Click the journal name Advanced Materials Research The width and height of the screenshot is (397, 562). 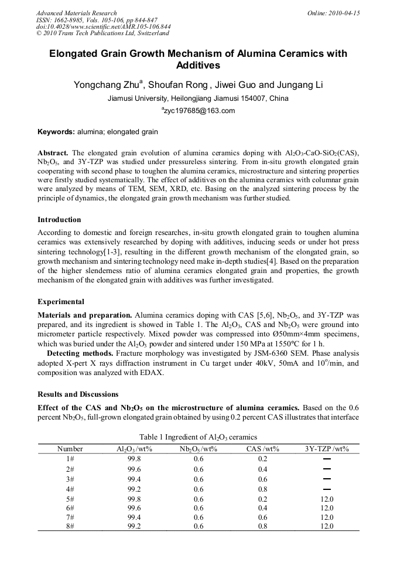76,13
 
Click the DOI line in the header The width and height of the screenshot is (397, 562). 103,26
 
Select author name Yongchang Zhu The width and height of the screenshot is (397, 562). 108,85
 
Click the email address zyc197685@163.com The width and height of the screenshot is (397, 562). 198,111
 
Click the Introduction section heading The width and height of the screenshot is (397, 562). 59,220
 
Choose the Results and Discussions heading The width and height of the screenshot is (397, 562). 78,394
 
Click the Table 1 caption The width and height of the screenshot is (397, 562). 198,437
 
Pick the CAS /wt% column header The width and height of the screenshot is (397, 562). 263,449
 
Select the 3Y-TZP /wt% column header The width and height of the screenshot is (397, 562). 327,449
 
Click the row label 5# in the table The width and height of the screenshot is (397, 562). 70,498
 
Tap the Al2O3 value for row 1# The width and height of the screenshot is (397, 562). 135,459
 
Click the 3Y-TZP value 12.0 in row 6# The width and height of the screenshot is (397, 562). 327,507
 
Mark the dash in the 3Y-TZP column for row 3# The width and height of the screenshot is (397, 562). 327,479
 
